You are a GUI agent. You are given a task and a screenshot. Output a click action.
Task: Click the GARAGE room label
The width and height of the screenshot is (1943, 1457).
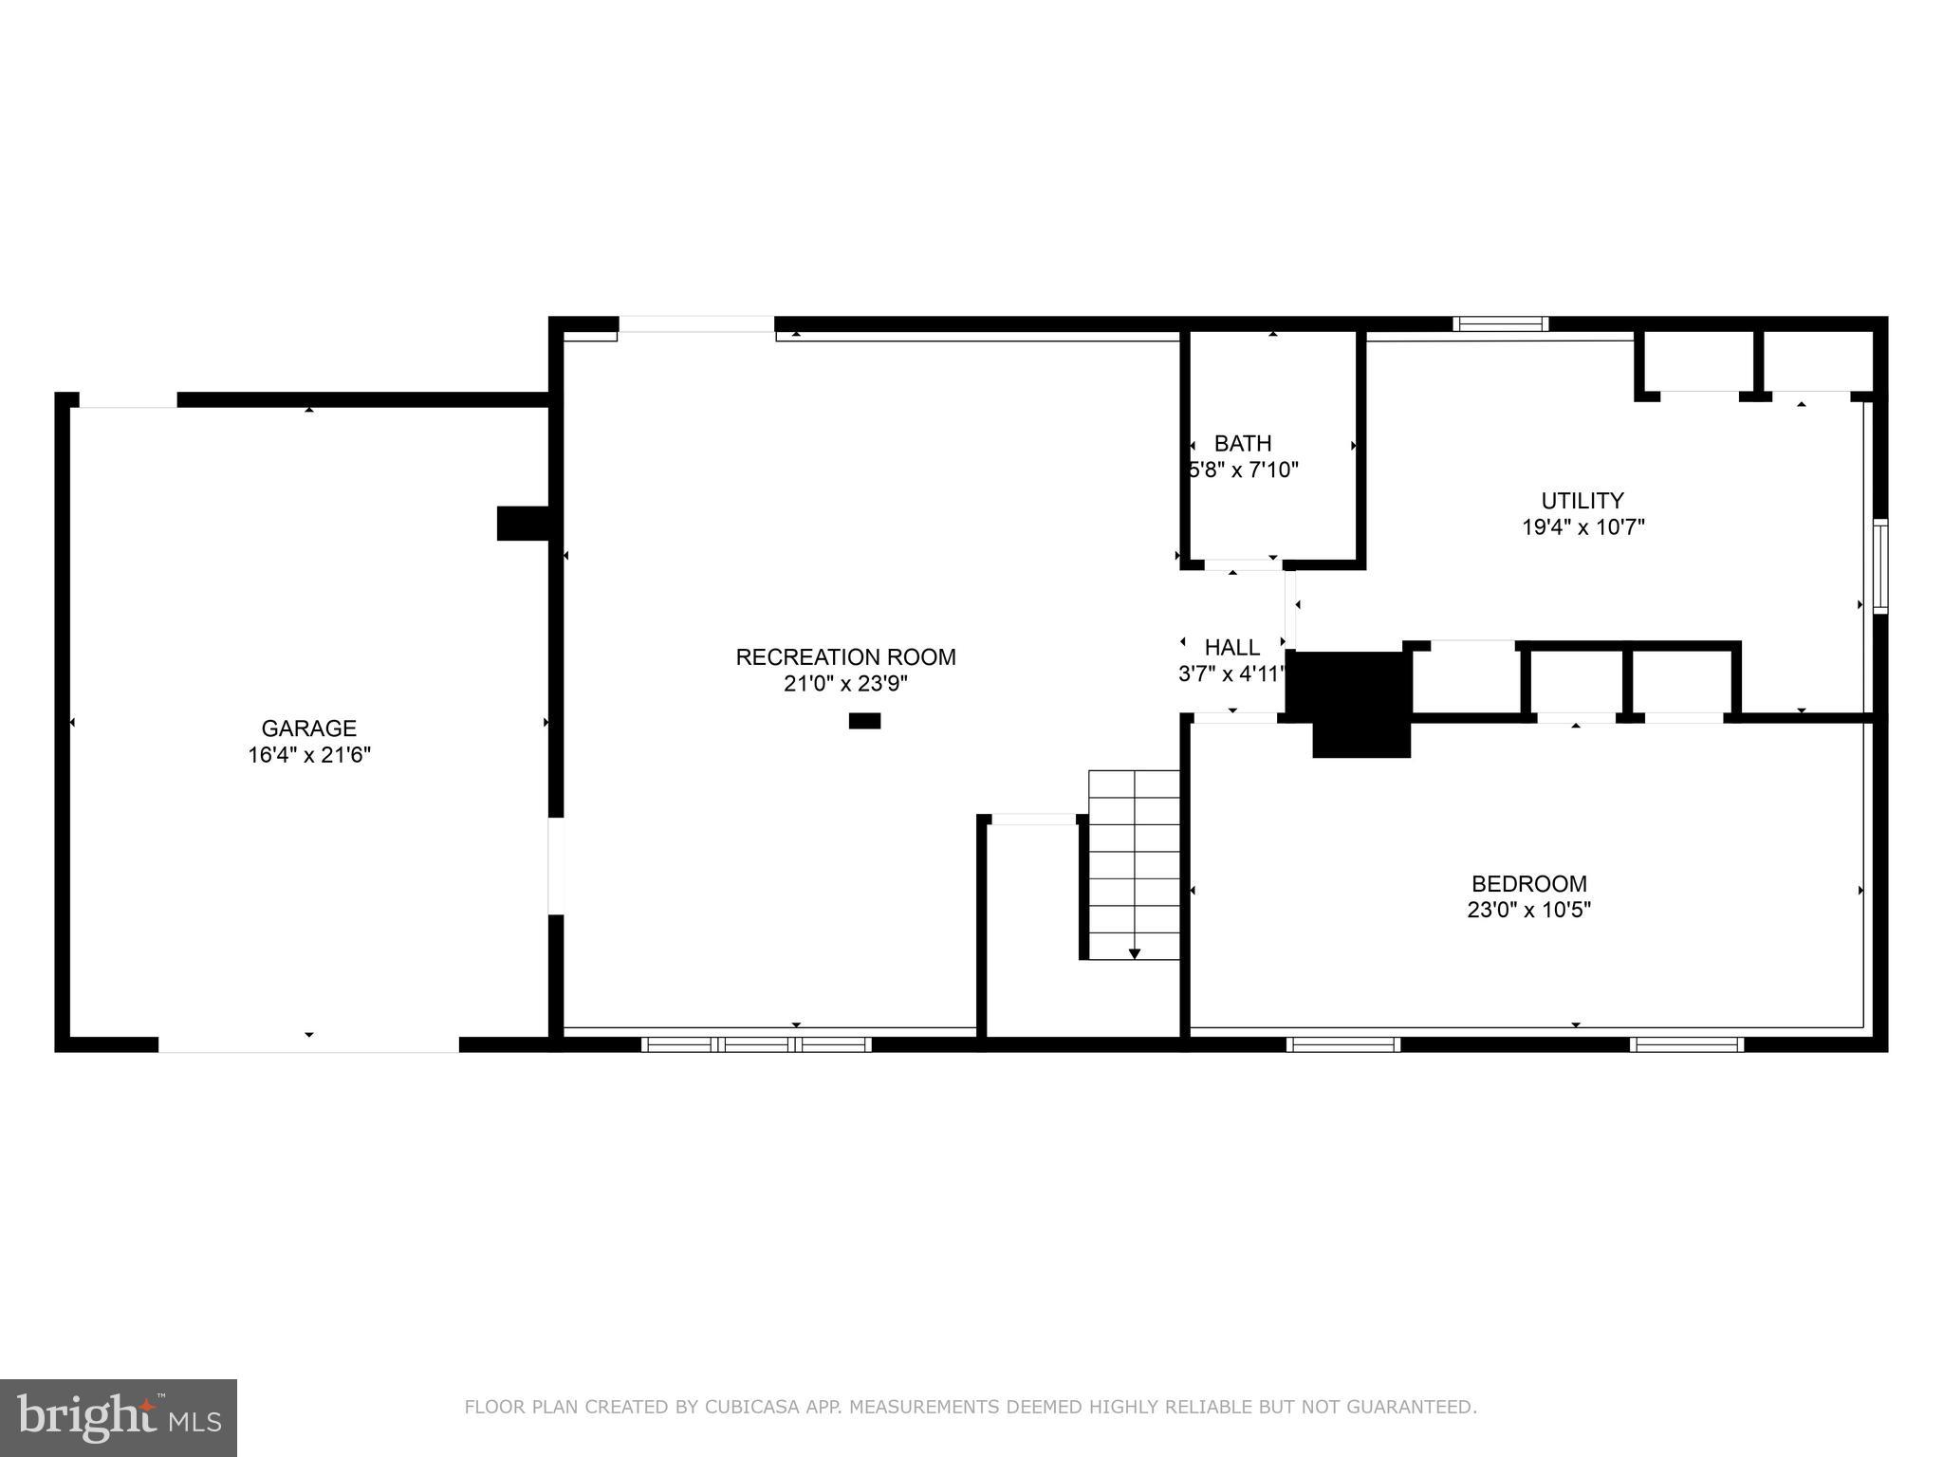[308, 728]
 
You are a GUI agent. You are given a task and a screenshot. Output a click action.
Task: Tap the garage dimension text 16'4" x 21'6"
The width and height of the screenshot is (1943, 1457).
[308, 755]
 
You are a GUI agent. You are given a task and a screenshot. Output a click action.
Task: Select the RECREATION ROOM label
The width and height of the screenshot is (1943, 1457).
[845, 656]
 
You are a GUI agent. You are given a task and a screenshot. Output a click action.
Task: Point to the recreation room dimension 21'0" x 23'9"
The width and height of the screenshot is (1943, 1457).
[845, 683]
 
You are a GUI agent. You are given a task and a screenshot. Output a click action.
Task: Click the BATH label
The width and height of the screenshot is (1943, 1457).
[1243, 443]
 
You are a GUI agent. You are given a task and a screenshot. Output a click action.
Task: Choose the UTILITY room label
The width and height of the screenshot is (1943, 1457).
[1582, 500]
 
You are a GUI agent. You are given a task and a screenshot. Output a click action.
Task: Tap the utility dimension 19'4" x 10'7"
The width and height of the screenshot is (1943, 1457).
[1582, 526]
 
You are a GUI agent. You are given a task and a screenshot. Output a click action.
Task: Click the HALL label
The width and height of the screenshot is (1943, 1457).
[1231, 648]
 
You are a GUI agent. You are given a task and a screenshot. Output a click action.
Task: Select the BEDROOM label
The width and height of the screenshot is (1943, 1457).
[1528, 883]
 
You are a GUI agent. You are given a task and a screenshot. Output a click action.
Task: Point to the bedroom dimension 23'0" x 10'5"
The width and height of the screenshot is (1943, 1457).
[1528, 910]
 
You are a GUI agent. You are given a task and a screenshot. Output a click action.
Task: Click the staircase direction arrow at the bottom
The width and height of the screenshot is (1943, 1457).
[1134, 953]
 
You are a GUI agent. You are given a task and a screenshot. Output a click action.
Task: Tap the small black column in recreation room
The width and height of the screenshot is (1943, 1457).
[864, 721]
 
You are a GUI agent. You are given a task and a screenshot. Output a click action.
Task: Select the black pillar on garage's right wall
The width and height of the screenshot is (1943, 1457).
[523, 523]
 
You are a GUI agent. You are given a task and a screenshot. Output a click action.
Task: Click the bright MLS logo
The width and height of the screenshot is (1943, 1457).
[119, 1417]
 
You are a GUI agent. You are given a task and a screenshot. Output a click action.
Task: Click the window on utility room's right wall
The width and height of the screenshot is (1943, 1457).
[1879, 566]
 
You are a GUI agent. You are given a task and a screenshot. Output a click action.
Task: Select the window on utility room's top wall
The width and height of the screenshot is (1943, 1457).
[1500, 324]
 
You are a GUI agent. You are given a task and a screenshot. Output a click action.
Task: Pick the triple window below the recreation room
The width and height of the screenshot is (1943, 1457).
[756, 1044]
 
